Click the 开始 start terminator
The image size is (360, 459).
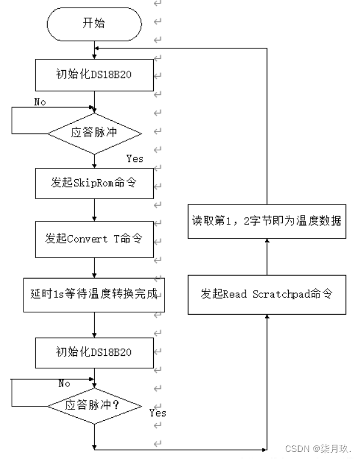pos(95,24)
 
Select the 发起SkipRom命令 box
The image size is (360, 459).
pos(95,183)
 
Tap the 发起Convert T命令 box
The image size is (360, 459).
pos(95,239)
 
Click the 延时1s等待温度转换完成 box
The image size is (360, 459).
pos(95,293)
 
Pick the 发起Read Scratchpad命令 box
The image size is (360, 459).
pos(266,293)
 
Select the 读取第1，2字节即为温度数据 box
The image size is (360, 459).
pos(266,222)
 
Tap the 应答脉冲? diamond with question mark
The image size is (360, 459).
pos(95,405)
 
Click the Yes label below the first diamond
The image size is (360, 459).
pos(134,158)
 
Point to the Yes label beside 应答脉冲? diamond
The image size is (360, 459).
pos(157,412)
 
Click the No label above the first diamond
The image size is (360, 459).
pos(40,102)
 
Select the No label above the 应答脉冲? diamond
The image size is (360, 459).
pos(64,384)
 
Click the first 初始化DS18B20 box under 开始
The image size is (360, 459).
pos(95,75)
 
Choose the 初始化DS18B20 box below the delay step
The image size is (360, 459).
pos(95,352)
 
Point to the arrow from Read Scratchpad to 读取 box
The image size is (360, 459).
pos(266,257)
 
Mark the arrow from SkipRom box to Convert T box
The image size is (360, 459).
pos(95,209)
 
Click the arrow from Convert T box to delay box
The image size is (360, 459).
pos(95,267)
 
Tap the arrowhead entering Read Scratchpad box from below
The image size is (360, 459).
pos(266,318)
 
